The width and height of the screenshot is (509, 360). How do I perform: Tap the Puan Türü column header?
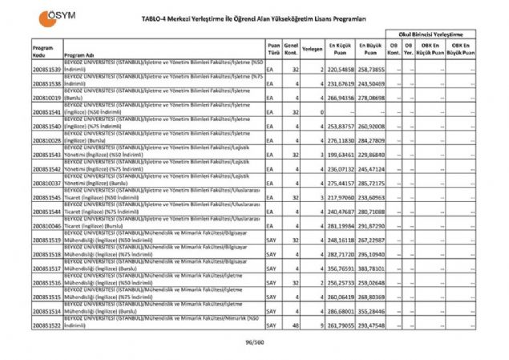[x=273, y=50]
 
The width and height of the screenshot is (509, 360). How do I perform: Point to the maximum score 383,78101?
[x=373, y=269]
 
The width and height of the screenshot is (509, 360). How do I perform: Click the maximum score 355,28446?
[x=373, y=311]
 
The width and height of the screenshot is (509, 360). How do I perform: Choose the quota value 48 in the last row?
[x=296, y=326]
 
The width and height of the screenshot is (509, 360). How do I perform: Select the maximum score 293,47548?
[x=373, y=326]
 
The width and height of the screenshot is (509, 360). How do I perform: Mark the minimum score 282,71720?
[x=342, y=254]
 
